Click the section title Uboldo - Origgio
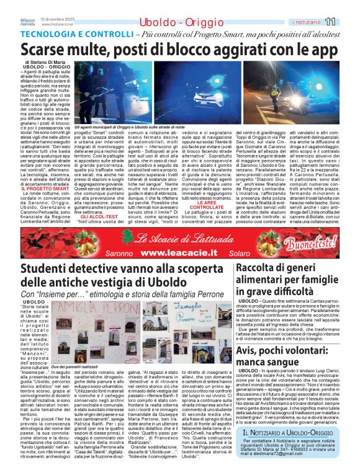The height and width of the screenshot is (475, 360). (x=172, y=22)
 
